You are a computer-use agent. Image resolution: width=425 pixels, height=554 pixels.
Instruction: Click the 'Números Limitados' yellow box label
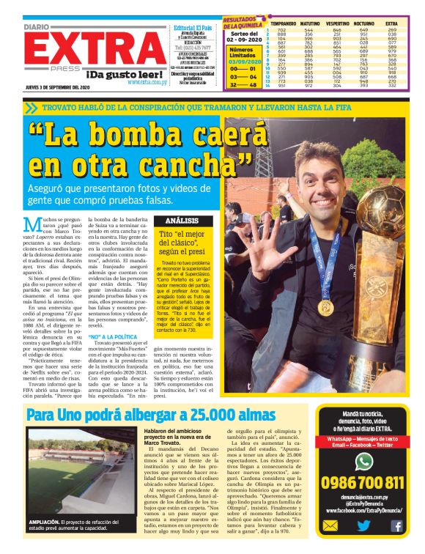coord(241,52)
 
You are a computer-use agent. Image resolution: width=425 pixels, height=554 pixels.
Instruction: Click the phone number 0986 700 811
coord(364,482)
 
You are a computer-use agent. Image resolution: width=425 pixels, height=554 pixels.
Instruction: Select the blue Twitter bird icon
coord(364,525)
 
